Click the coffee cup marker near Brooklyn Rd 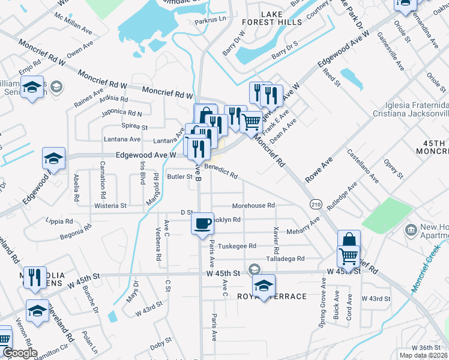click(x=202, y=223)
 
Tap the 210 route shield click(x=316, y=205)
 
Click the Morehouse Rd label click(x=253, y=205)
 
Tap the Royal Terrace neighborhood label click(x=273, y=296)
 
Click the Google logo click(x=20, y=353)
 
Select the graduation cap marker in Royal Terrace click(x=263, y=286)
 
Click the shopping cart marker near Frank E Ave click(x=251, y=122)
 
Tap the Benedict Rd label click(x=221, y=172)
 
